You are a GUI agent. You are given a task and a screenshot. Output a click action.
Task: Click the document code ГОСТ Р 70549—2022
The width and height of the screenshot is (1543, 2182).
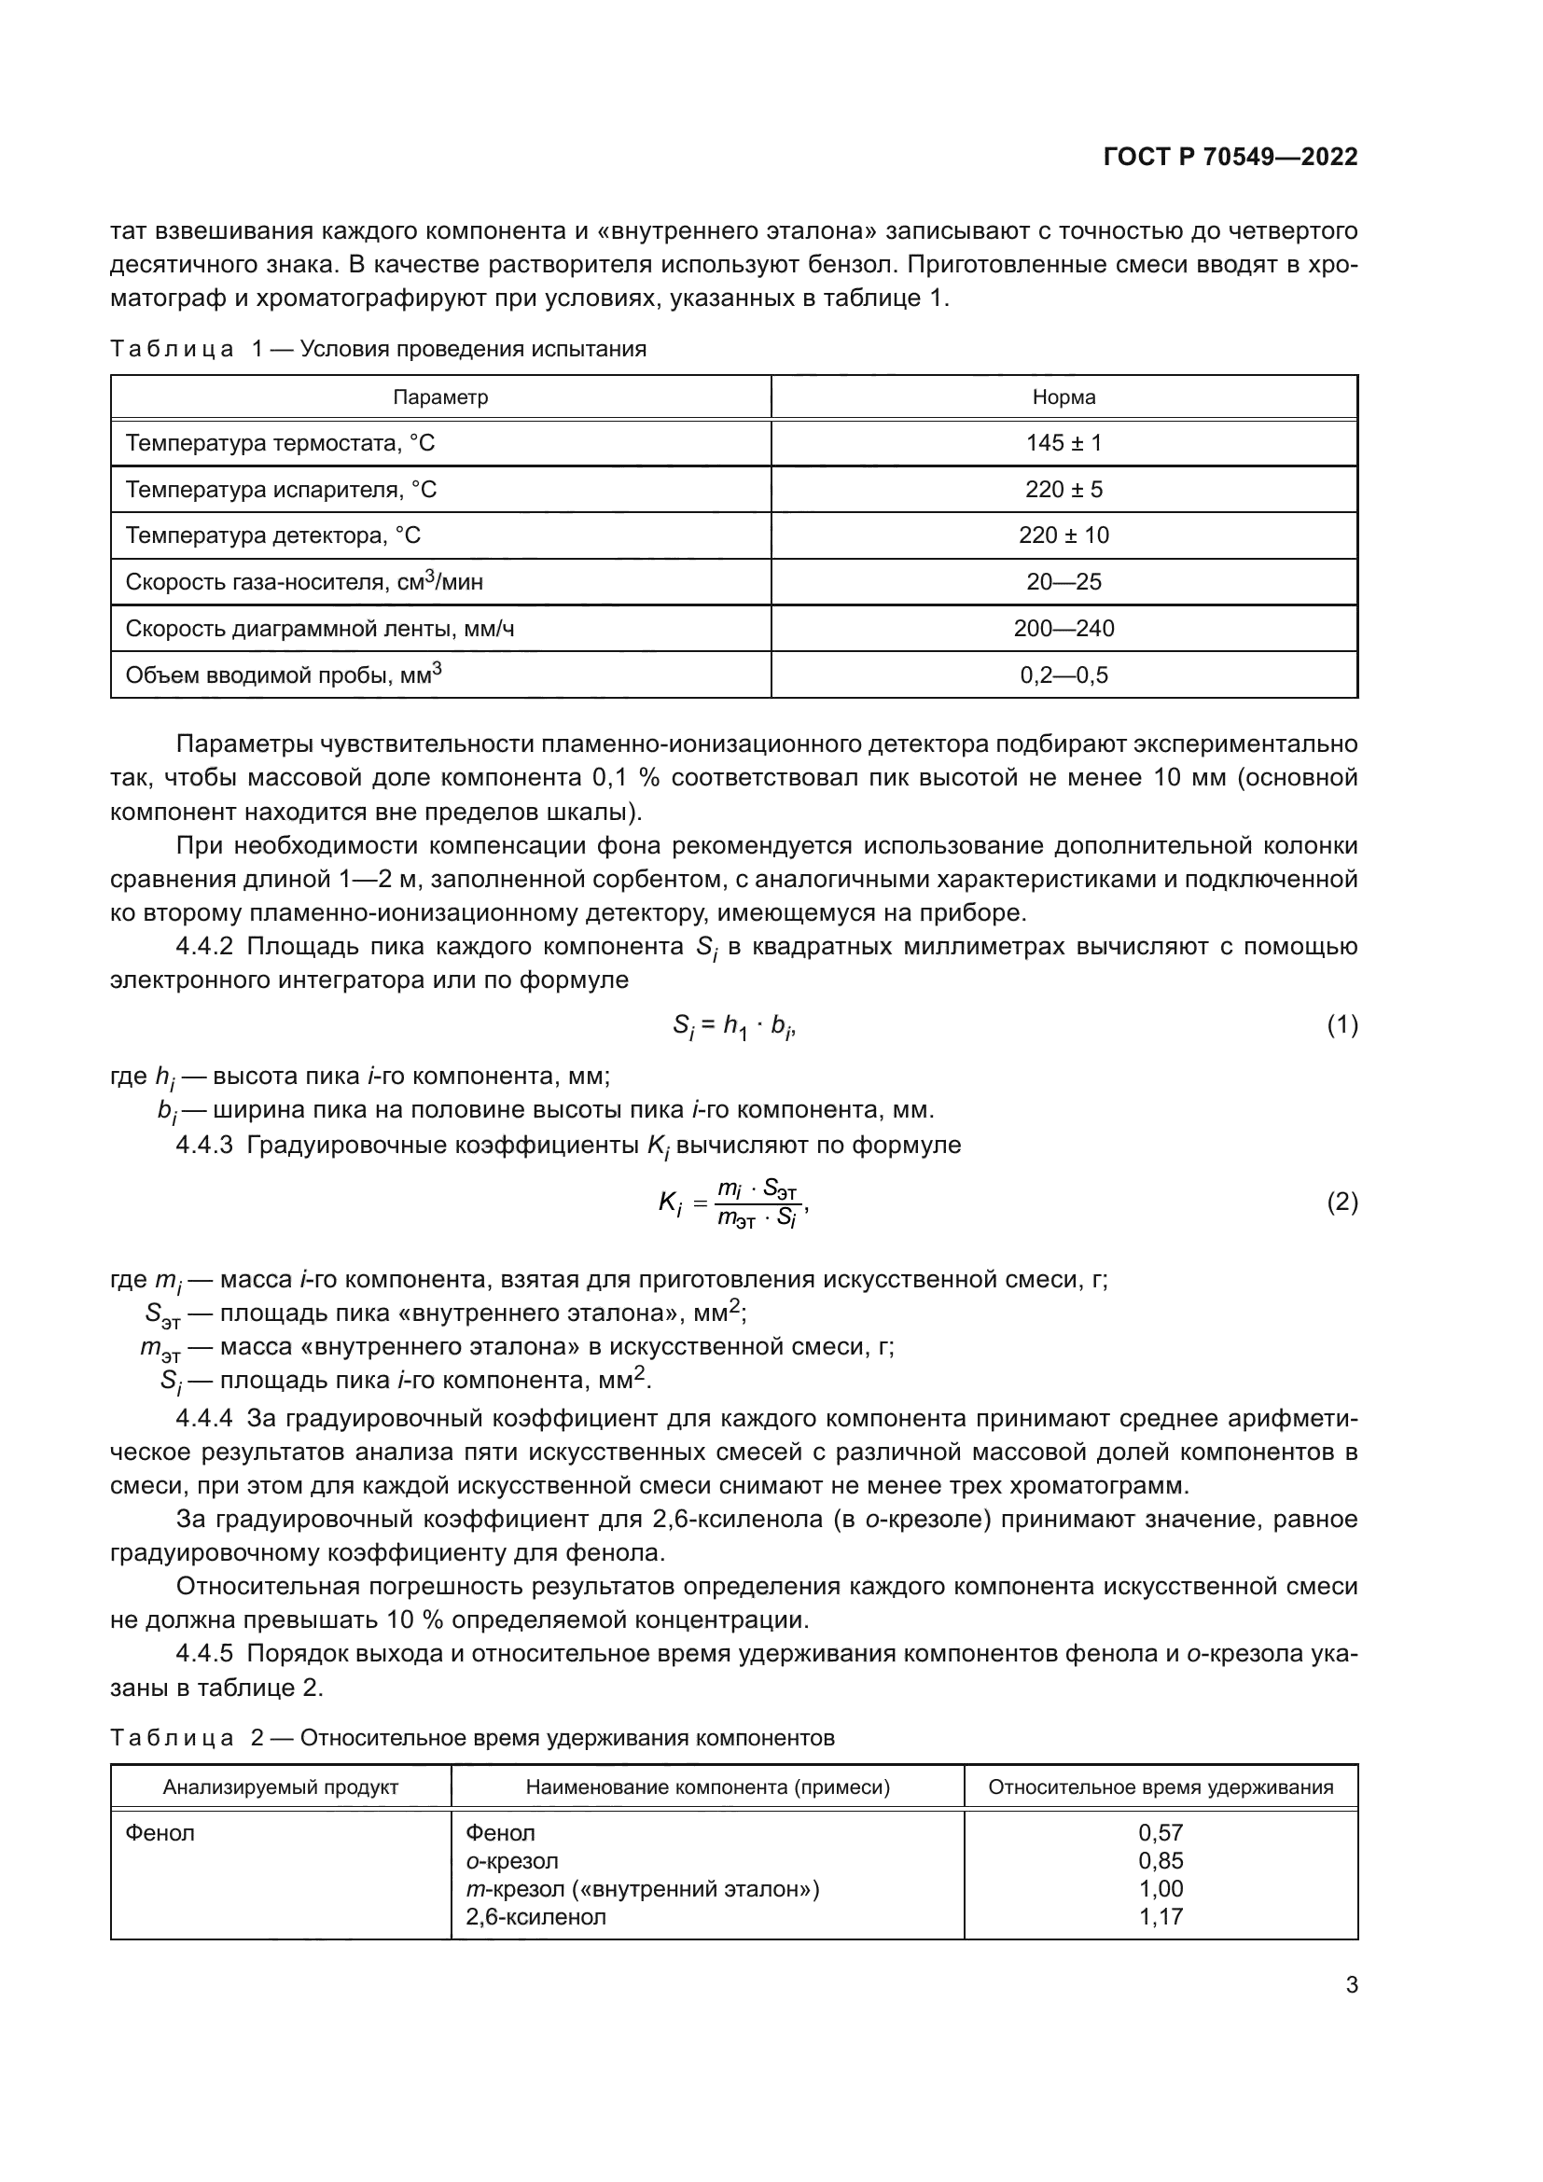[x=1230, y=158]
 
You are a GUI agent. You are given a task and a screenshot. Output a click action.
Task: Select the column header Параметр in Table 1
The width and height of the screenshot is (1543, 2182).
[x=440, y=397]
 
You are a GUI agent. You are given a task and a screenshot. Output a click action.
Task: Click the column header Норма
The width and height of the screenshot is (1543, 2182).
[x=1063, y=397]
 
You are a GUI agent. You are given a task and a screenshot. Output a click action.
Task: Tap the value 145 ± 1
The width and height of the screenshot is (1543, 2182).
[x=1063, y=443]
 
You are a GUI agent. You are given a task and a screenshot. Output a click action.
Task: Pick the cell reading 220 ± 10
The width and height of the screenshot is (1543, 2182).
[x=1063, y=535]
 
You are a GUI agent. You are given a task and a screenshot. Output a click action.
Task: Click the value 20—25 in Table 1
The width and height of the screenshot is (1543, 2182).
[x=1063, y=581]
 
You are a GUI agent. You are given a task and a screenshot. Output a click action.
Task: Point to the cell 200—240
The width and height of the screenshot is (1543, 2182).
[x=1063, y=628]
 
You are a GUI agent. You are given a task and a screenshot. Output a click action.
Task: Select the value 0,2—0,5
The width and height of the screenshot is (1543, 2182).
[x=1063, y=675]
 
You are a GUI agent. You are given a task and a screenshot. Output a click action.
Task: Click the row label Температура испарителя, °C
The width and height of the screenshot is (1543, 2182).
[x=281, y=490]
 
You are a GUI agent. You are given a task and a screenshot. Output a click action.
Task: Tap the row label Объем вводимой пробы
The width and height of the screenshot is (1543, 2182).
[x=284, y=674]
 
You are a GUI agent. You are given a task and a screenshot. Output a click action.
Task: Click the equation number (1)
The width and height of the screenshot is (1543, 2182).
[x=1341, y=1024]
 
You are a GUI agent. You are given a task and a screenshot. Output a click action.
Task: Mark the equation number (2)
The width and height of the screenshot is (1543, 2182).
[x=1341, y=1203]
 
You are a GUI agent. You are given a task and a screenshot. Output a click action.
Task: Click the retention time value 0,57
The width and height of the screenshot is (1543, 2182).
[x=1161, y=1832]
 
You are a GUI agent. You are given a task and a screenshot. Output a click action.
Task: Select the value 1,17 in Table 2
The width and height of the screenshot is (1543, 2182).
[x=1161, y=1916]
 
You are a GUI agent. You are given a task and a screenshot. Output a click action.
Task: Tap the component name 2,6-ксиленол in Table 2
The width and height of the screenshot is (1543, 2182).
[x=535, y=1916]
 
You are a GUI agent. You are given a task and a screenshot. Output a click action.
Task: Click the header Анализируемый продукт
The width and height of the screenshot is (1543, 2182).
[x=280, y=1786]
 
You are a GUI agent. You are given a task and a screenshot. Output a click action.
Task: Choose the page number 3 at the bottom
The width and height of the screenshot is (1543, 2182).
[x=1351, y=1985]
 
